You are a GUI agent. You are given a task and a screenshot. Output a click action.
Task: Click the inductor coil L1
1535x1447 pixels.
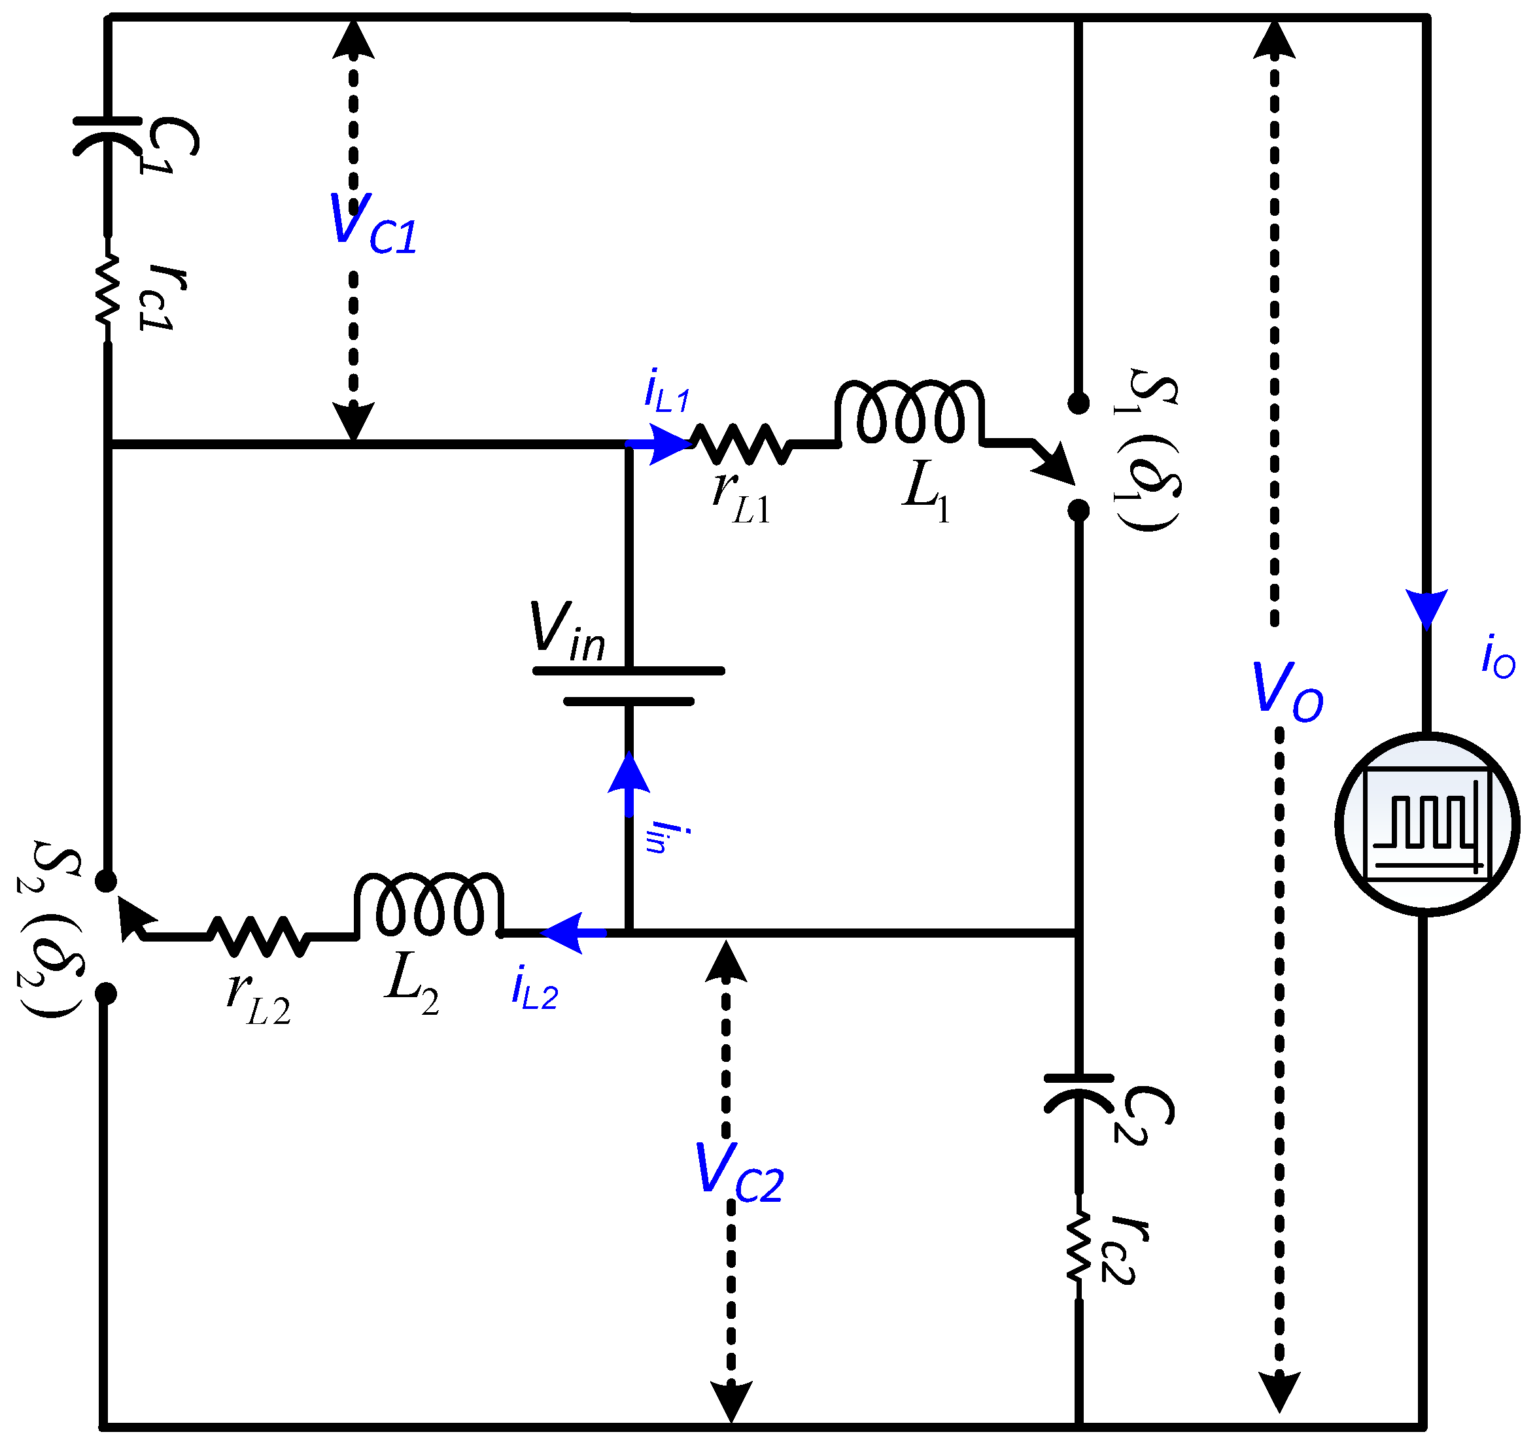coord(909,413)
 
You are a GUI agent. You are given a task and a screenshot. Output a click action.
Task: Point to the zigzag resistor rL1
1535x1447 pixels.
coord(740,444)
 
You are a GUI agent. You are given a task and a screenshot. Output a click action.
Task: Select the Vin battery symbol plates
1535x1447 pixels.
coord(629,687)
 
